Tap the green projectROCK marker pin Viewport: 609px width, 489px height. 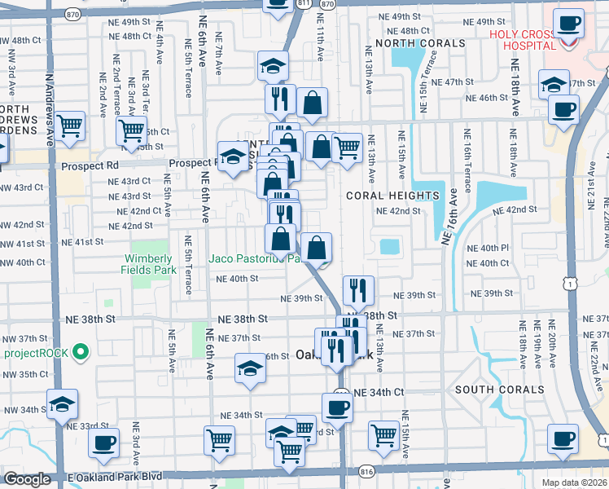[x=80, y=352]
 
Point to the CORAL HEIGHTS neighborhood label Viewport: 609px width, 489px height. [x=392, y=196]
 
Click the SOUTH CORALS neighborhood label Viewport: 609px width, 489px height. [x=499, y=390]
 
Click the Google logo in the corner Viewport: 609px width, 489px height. [x=26, y=479]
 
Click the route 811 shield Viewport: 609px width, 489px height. [x=303, y=4]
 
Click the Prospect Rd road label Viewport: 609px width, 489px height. [x=90, y=165]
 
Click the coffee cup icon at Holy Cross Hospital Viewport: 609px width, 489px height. [x=568, y=24]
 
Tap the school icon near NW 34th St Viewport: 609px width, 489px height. [x=62, y=404]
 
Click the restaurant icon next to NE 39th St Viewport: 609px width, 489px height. [x=358, y=289]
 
